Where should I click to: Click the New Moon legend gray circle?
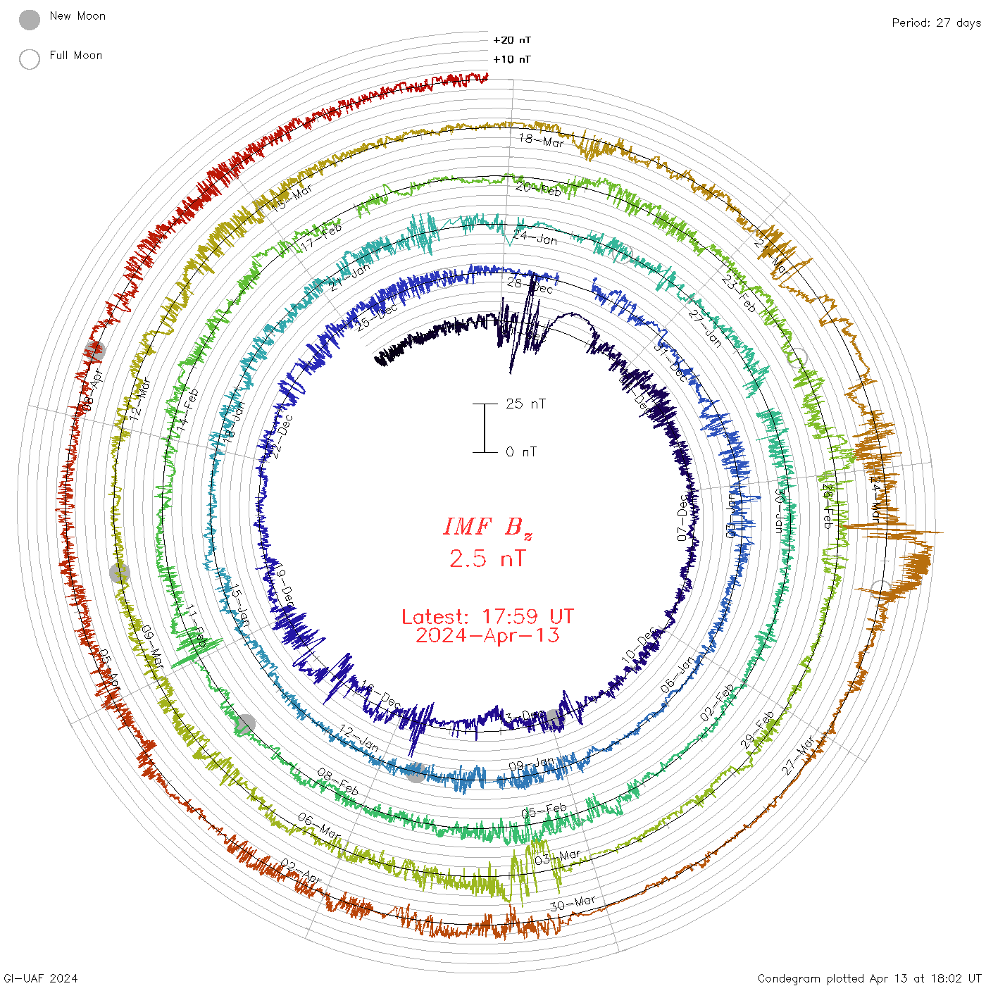pyautogui.click(x=30, y=20)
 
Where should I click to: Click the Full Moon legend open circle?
pyautogui.click(x=30, y=59)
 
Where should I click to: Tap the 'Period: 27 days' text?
pyautogui.click(x=936, y=23)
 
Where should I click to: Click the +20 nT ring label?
pyautogui.click(x=512, y=40)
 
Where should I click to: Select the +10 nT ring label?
pyautogui.click(x=512, y=59)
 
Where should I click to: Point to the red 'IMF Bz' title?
pyautogui.click(x=487, y=527)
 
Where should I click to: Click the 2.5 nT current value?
pyautogui.click(x=487, y=558)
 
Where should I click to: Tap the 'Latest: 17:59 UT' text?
pyautogui.click(x=487, y=617)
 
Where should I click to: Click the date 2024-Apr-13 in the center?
pyautogui.click(x=487, y=635)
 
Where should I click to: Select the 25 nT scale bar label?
pyautogui.click(x=525, y=404)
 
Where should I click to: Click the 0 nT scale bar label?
pyautogui.click(x=521, y=451)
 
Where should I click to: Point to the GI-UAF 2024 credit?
pyautogui.click(x=41, y=978)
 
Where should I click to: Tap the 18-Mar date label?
pyautogui.click(x=542, y=140)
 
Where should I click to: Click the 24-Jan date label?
pyautogui.click(x=535, y=237)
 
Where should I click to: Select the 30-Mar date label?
pyautogui.click(x=573, y=903)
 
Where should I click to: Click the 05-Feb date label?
pyautogui.click(x=544, y=811)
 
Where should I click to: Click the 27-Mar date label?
pyautogui.click(x=798, y=756)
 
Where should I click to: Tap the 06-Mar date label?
pyautogui.click(x=319, y=825)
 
